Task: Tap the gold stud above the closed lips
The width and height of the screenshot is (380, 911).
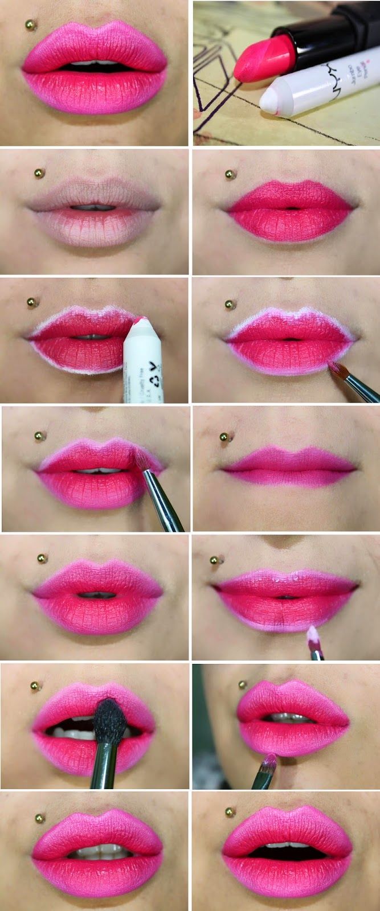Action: pos(224,437)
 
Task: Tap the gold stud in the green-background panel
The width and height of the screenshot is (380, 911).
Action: pos(242,684)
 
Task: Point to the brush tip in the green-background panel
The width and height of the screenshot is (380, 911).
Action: pos(270,760)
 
